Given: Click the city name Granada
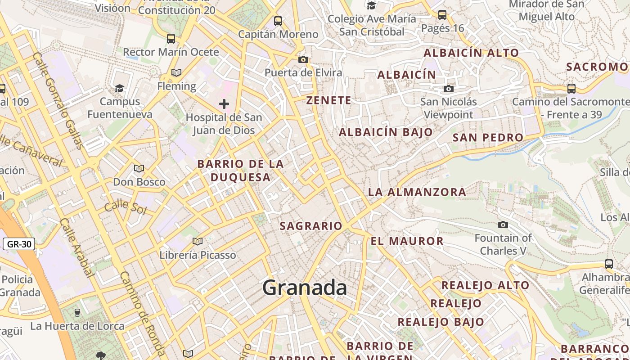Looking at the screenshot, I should tap(305, 288).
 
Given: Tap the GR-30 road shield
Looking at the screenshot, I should tap(18, 244).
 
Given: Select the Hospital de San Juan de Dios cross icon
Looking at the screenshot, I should tap(224, 104).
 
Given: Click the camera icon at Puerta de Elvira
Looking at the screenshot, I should tap(303, 59).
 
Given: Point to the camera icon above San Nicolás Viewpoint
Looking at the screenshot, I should tap(448, 89).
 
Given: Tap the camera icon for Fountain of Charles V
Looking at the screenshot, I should tap(503, 225).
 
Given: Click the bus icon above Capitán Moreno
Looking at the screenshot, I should tap(278, 21).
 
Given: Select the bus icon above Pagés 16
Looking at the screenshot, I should tap(442, 15).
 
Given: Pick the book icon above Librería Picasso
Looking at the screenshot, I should tap(197, 242).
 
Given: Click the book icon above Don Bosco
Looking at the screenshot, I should tap(139, 168).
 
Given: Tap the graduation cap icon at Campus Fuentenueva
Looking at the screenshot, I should tap(119, 88).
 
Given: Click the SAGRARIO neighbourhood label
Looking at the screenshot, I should tap(311, 226).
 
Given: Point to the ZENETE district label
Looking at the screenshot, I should tap(328, 100).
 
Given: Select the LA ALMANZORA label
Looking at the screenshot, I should tap(417, 192).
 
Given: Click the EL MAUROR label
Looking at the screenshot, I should tap(407, 241).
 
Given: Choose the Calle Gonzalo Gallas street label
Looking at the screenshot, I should tap(58, 100).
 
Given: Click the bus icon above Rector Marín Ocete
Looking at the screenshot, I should tap(171, 38).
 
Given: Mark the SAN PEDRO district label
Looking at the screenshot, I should tap(488, 138).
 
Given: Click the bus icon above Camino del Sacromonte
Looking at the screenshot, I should tap(571, 88).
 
